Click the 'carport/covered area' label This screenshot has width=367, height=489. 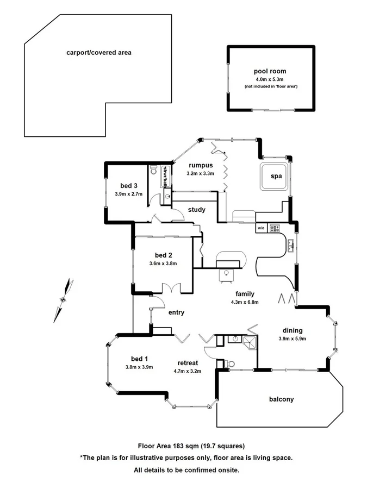click(x=98, y=53)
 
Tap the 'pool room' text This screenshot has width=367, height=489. click(x=270, y=71)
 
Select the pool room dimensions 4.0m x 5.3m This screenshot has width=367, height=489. click(x=270, y=79)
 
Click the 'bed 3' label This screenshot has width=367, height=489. click(x=129, y=185)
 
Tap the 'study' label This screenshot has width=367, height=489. click(x=197, y=210)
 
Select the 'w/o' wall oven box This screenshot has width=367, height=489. click(x=261, y=228)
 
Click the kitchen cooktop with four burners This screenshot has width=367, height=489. click(x=274, y=228)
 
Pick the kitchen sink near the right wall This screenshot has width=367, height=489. click(x=291, y=246)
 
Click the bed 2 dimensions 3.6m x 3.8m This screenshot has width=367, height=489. click(x=163, y=264)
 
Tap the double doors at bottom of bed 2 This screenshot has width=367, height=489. click(x=172, y=289)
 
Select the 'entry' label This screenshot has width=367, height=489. click(x=177, y=312)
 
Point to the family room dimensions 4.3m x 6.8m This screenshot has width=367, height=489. click(x=241, y=302)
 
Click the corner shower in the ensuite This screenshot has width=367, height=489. click(x=249, y=341)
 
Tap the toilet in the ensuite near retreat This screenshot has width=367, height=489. click(x=231, y=362)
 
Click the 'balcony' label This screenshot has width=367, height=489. click(x=281, y=399)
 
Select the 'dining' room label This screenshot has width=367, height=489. click(x=292, y=330)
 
